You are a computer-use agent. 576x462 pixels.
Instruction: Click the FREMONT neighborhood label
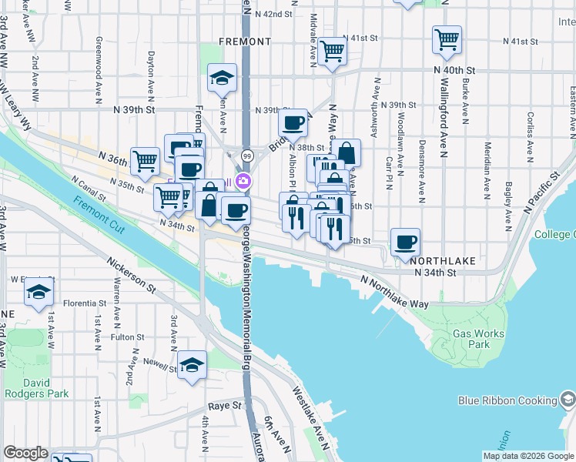tap(245, 41)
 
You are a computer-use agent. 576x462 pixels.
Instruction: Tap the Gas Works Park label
tap(478, 339)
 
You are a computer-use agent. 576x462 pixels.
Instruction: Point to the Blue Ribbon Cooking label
tap(507, 400)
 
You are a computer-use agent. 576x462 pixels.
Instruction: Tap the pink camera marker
tap(243, 182)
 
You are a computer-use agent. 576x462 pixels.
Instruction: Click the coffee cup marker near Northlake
tap(406, 243)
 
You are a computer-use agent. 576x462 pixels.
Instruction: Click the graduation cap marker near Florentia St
tap(39, 293)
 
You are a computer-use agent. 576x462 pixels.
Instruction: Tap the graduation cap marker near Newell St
tap(193, 364)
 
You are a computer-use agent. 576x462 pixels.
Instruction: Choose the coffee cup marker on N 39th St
tap(293, 122)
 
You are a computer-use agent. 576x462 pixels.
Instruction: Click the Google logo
tap(26, 453)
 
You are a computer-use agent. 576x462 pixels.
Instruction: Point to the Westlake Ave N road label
tap(310, 417)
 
